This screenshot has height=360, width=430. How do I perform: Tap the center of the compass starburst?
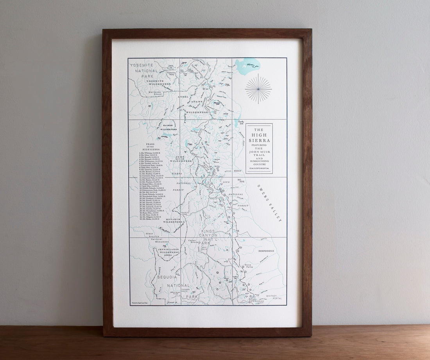click(x=258, y=89)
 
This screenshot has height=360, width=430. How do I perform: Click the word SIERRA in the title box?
click(x=259, y=141)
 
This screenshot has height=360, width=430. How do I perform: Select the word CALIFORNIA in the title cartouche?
click(x=259, y=168)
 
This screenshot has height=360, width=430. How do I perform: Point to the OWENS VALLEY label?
click(x=269, y=203)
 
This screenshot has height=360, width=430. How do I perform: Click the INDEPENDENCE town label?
click(x=266, y=251)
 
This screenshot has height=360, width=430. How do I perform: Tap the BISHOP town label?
click(x=238, y=171)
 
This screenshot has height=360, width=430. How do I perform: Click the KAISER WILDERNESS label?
click(x=168, y=127)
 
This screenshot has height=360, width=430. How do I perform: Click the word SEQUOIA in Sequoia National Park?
click(x=167, y=277)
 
